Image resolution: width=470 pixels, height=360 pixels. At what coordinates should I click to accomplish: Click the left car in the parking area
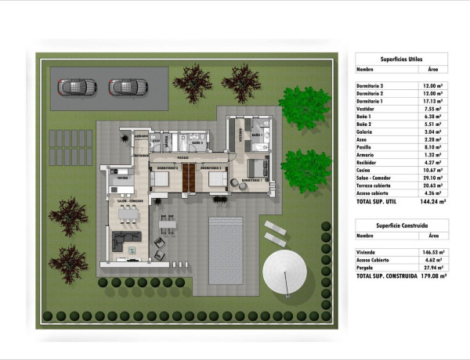73,85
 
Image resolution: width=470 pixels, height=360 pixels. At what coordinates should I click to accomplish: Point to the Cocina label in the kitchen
122,178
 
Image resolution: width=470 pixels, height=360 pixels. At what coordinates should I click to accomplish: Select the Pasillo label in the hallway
183,157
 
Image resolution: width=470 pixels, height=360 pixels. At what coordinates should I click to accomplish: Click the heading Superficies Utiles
401,58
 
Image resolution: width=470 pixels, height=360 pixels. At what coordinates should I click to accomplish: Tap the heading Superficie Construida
401,225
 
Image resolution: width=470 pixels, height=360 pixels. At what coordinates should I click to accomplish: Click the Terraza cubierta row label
377,185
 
